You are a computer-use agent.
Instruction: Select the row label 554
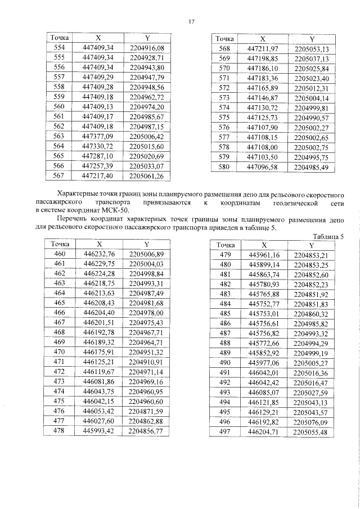click(x=58, y=48)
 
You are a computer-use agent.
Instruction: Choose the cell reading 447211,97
click(x=263, y=49)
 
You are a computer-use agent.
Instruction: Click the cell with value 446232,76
click(x=99, y=254)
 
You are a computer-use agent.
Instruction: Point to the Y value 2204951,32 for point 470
click(x=146, y=352)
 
